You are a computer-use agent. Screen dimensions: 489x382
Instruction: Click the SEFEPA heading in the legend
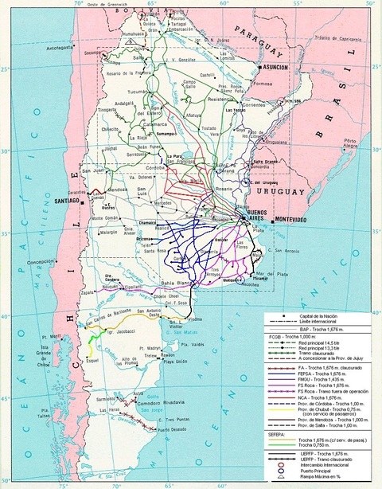click(x=275, y=434)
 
